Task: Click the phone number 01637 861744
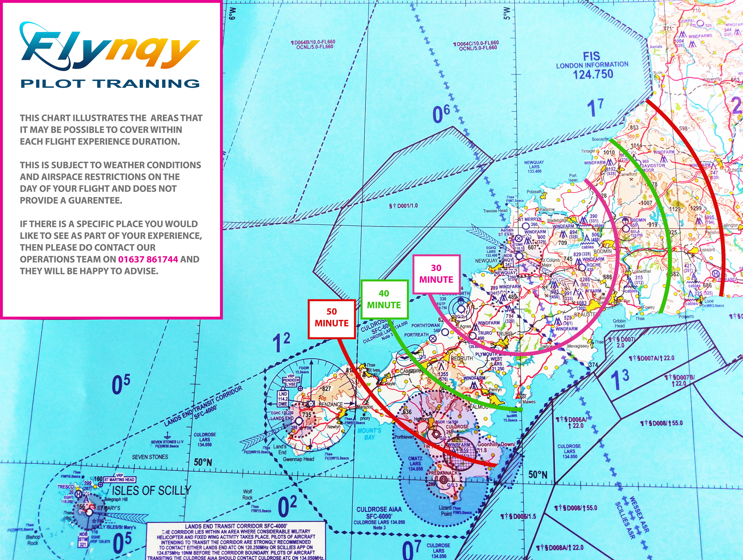pyautogui.click(x=148, y=259)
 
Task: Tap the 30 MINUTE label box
pyautogui.click(x=436, y=274)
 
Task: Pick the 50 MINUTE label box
pyautogui.click(x=332, y=317)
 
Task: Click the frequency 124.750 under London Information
pyautogui.click(x=593, y=74)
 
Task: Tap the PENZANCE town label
pyautogui.click(x=331, y=404)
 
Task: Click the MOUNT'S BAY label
pyautogui.click(x=369, y=434)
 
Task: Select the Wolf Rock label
pyautogui.click(x=248, y=494)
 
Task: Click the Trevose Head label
pyautogui.click(x=495, y=211)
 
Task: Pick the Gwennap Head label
pyautogui.click(x=298, y=459)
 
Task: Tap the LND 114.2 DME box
pyautogui.click(x=283, y=399)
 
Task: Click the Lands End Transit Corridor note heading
pyautogui.click(x=236, y=526)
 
